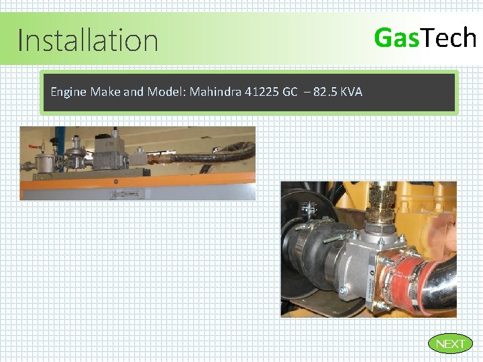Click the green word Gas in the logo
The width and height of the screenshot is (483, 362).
pyautogui.click(x=396, y=38)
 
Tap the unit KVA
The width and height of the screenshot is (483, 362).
pyautogui.click(x=352, y=91)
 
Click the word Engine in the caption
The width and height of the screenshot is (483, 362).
pyautogui.click(x=68, y=91)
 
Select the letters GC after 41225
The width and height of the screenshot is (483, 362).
pyautogui.click(x=289, y=91)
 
